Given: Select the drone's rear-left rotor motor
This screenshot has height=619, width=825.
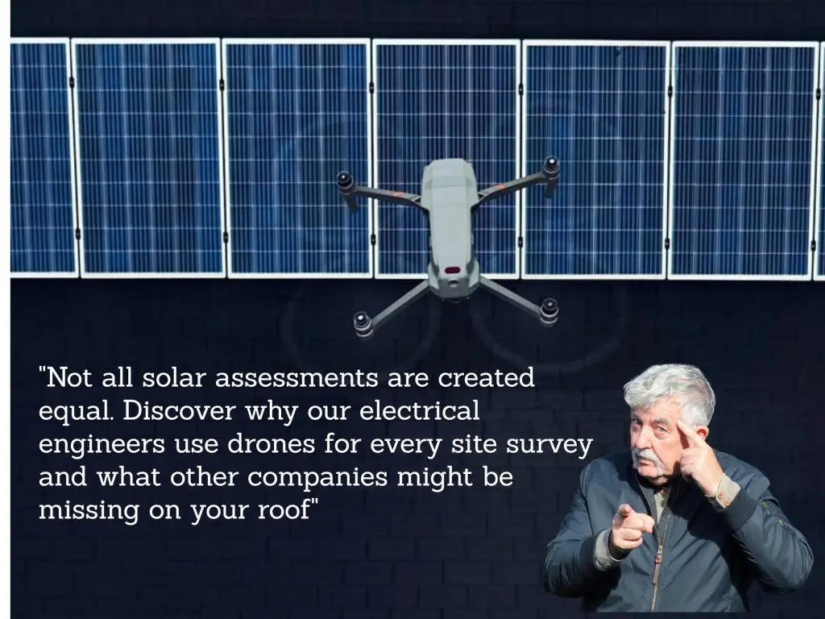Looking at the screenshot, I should click(x=363, y=322).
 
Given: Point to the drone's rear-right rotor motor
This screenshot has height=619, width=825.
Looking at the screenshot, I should click(x=549, y=309).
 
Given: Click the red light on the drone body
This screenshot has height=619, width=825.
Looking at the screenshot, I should click(x=452, y=270).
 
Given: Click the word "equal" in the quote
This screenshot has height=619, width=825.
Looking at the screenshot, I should click(x=76, y=410).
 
